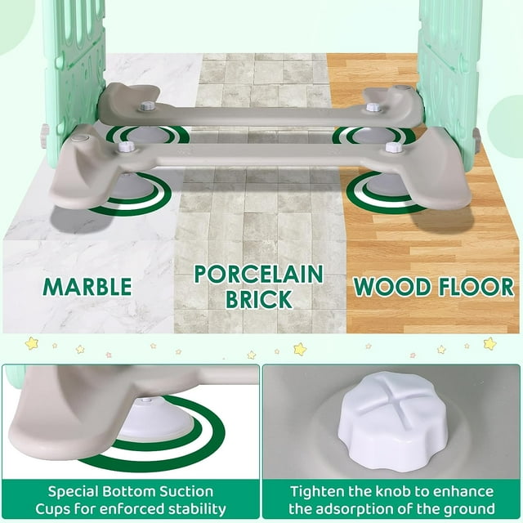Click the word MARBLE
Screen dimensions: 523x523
(x=87, y=287)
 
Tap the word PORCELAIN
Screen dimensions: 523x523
(x=259, y=275)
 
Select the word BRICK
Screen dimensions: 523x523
(x=259, y=299)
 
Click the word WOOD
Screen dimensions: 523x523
(x=391, y=287)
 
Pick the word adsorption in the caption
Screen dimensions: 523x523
(x=353, y=509)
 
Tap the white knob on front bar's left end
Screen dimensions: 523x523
(x=126, y=146)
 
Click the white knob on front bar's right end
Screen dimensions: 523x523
(x=393, y=147)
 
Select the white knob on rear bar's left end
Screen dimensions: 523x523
(x=146, y=106)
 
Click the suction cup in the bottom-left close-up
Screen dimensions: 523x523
(x=153, y=419)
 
